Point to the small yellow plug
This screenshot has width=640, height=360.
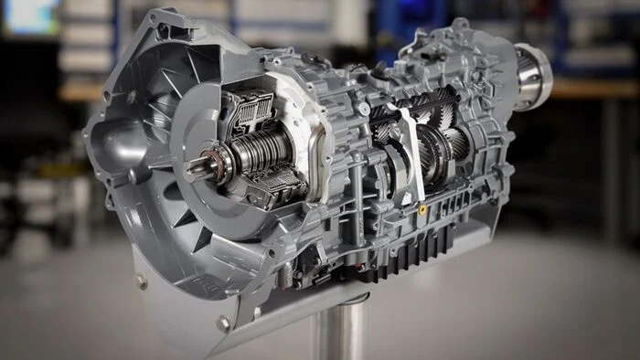(421, 208)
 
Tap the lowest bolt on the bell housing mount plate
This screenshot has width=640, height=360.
(223, 323)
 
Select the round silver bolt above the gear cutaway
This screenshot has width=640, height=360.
(364, 109)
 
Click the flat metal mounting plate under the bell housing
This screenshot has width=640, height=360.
(183, 302)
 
